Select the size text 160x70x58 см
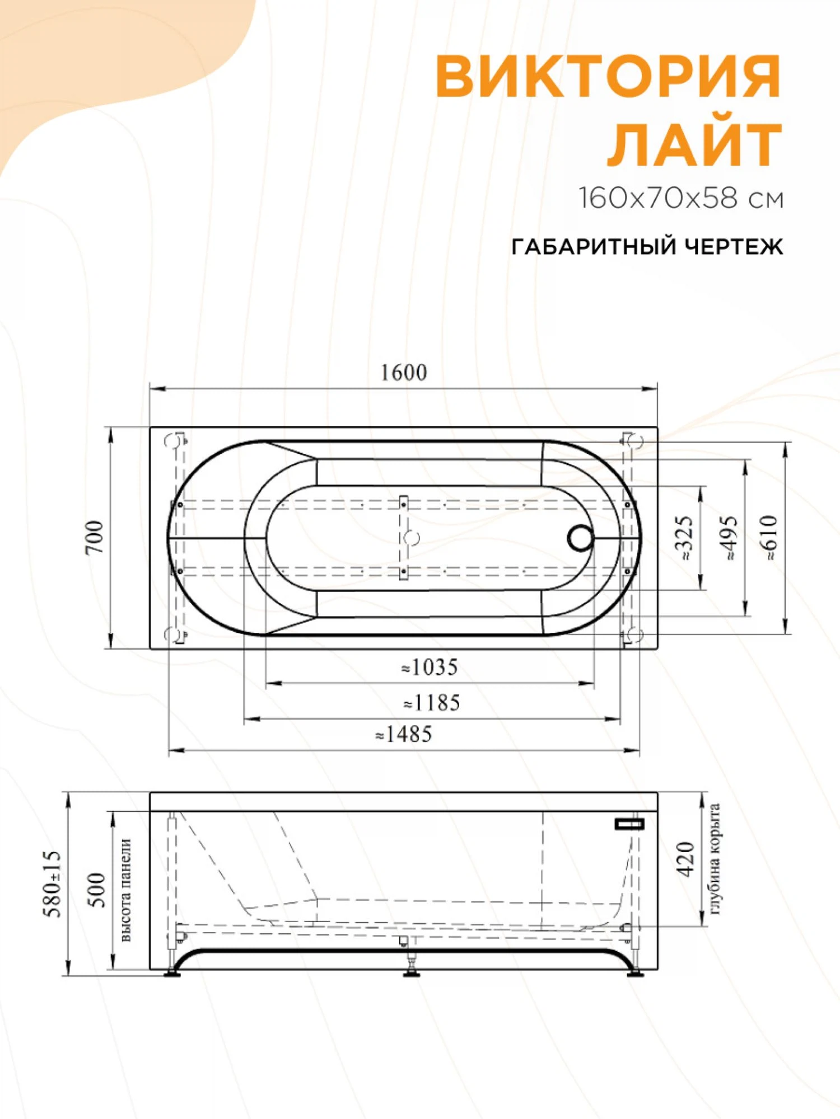681,198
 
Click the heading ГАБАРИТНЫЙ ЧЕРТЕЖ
647,246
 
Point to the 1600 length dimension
404,373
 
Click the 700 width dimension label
95,538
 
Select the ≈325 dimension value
687,538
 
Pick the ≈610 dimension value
771,538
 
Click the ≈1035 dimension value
430,667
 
